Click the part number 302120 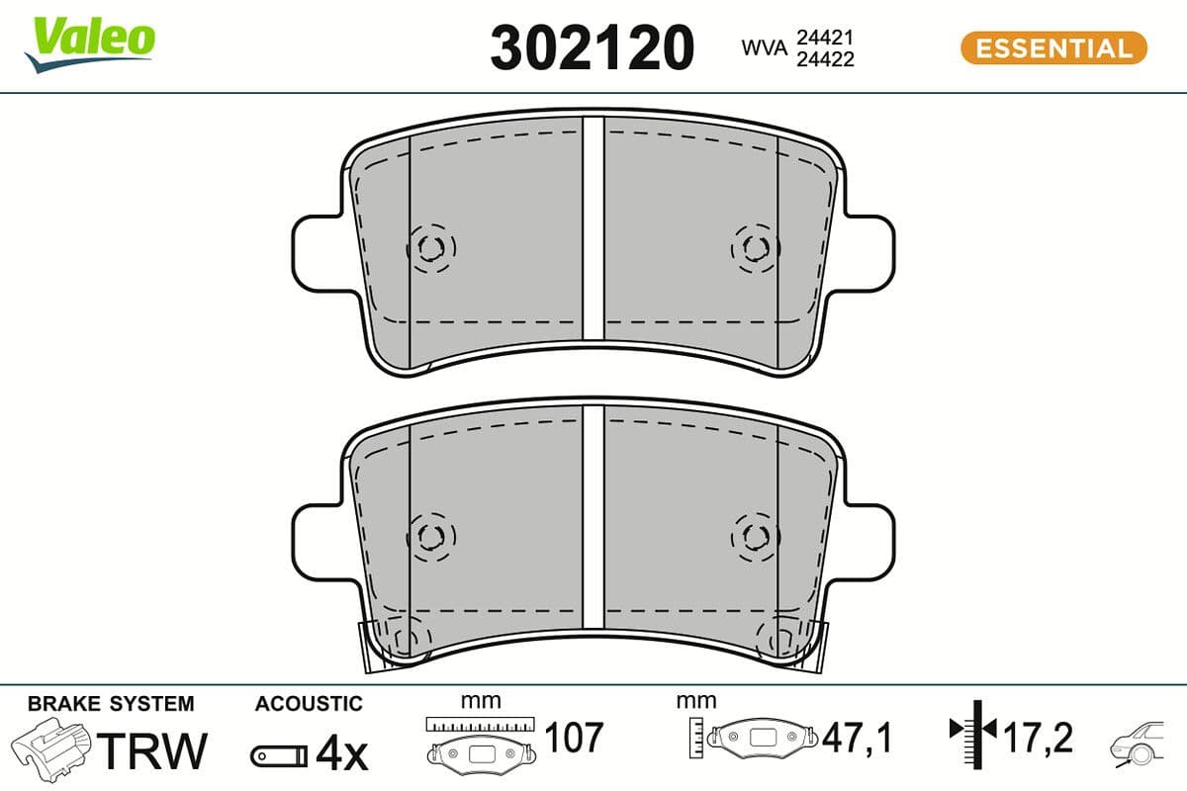pos(593,47)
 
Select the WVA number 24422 pos(825,58)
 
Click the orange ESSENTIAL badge pos(1052,47)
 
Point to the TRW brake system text pos(155,751)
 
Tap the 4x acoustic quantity pos(340,754)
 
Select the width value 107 pos(574,737)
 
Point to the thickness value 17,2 pos(1038,737)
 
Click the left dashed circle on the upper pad pos(431,247)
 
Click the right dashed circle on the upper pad pos(756,247)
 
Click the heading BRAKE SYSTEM pos(111,704)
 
